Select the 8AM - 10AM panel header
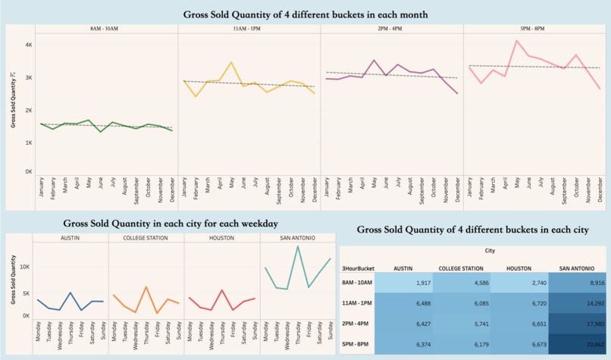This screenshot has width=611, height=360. click(x=104, y=28)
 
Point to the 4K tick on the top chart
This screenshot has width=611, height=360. click(x=28, y=45)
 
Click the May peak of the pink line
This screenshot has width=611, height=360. click(x=516, y=41)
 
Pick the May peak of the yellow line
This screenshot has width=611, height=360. click(x=231, y=62)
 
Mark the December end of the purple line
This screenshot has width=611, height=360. click(x=458, y=93)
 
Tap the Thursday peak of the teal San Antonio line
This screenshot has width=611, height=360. click(x=298, y=246)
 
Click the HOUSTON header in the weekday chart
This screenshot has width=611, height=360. click(x=221, y=238)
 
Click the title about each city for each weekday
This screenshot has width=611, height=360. click(x=171, y=224)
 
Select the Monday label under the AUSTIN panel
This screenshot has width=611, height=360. click(x=38, y=334)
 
